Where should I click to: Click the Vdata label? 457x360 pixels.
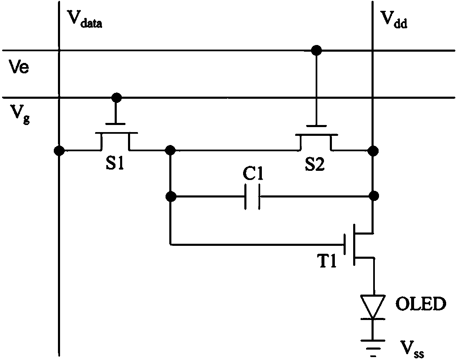pyautogui.click(x=85, y=19)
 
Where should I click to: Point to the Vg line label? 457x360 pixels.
pyautogui.click(x=20, y=114)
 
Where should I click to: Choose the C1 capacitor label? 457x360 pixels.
pyautogui.click(x=253, y=174)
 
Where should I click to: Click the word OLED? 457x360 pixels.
pyautogui.click(x=421, y=304)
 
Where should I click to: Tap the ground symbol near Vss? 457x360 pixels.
pyautogui.click(x=373, y=348)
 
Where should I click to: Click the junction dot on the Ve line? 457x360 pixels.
pyautogui.click(x=316, y=50)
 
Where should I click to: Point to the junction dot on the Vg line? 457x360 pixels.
pyautogui.click(x=117, y=97)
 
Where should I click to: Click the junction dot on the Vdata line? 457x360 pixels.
pyautogui.click(x=59, y=150)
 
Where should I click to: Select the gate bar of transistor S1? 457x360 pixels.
pyautogui.click(x=116, y=124)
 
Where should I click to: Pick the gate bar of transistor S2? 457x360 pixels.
pyautogui.click(x=316, y=126)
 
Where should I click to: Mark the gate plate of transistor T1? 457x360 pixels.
pyautogui.click(x=345, y=244)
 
